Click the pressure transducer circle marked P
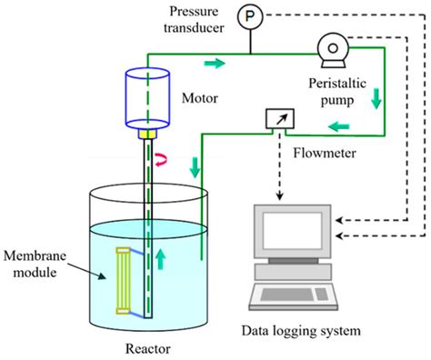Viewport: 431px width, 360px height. [x=247, y=16]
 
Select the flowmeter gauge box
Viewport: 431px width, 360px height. [x=274, y=119]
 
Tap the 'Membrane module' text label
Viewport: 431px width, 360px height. [x=39, y=262]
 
